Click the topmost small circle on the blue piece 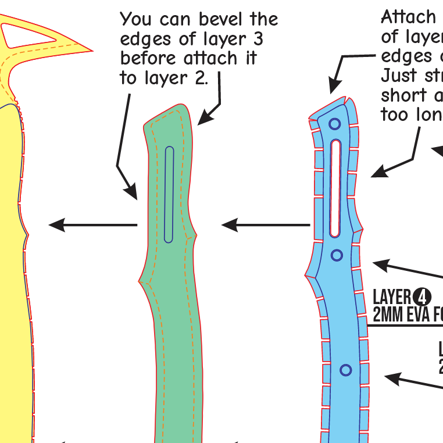pos(334,124)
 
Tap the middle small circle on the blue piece pos(336,255)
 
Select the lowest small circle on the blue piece pos(346,370)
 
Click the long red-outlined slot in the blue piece pos(335,188)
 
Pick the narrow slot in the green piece pos(169,194)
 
